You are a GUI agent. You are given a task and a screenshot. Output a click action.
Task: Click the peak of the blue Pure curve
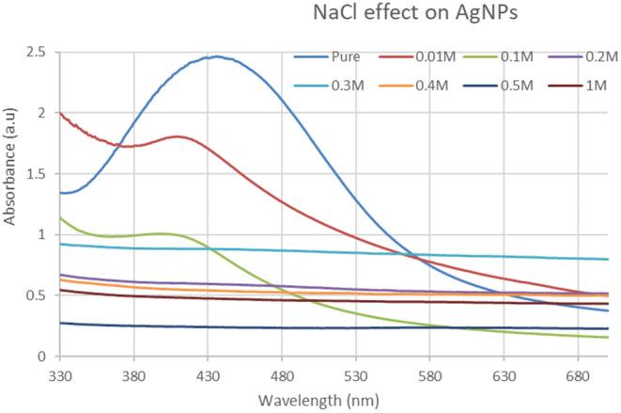(217, 56)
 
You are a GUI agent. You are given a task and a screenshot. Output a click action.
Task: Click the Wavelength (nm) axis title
(334, 400)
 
